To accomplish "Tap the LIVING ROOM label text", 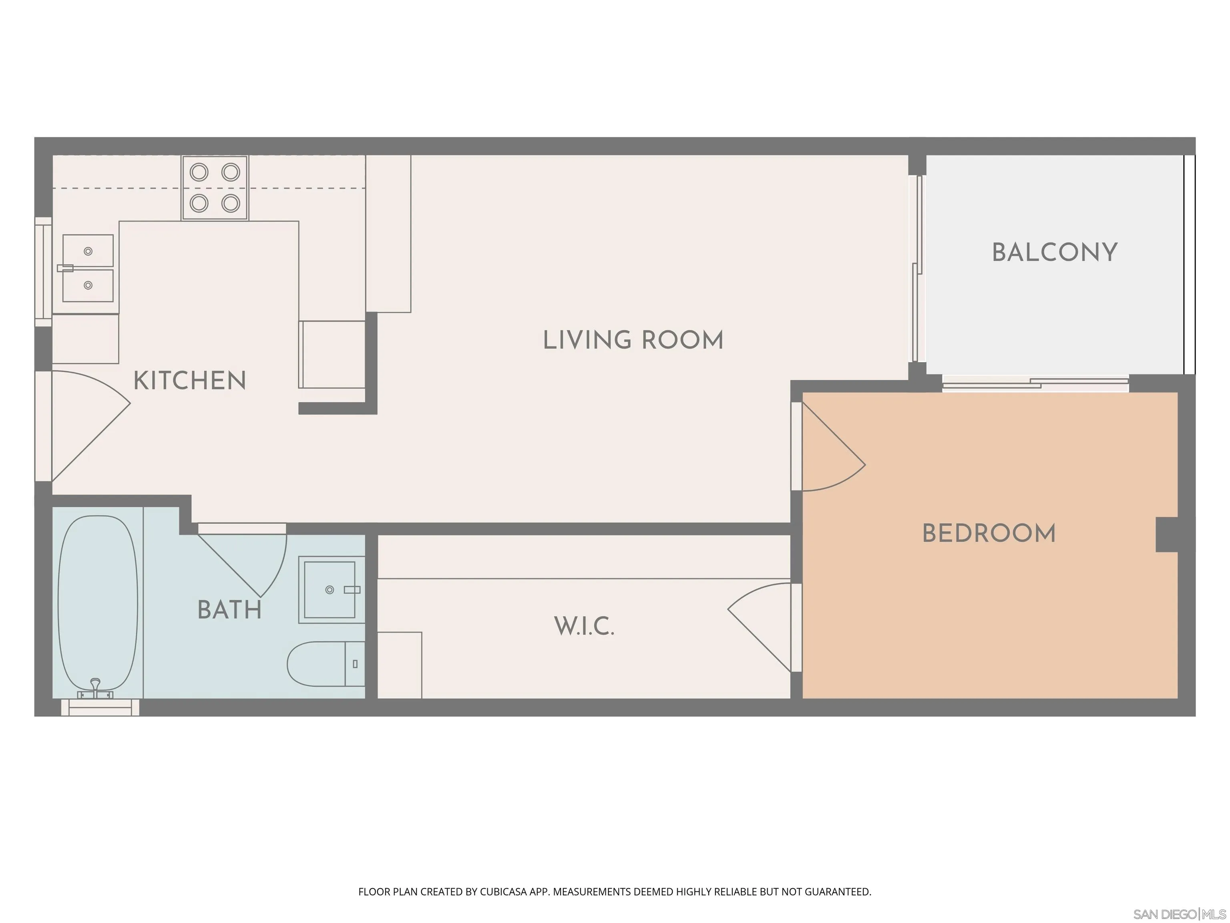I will (633, 341).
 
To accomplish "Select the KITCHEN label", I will (190, 381).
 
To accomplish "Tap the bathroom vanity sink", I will (328, 590).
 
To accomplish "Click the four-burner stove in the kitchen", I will (215, 188).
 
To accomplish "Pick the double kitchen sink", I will (88, 268).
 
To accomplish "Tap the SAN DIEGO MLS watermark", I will (1179, 914).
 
